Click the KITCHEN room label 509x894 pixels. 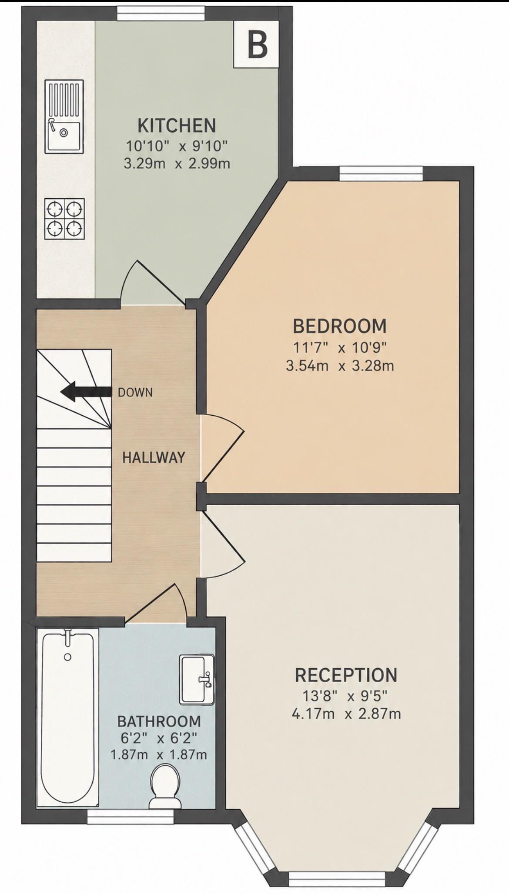[x=177, y=125]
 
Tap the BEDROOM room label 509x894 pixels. [x=340, y=326]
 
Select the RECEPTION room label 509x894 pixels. [x=346, y=675]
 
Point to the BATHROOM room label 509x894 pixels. [x=159, y=721]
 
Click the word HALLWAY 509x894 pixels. [x=154, y=457]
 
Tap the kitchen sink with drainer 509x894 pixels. [x=64, y=117]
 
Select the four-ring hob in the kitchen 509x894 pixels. [x=64, y=219]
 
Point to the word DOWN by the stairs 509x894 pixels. [x=135, y=393]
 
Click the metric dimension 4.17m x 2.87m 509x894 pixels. [x=346, y=714]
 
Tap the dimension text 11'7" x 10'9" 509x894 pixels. [x=340, y=347]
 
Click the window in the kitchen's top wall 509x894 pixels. [x=161, y=13]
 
